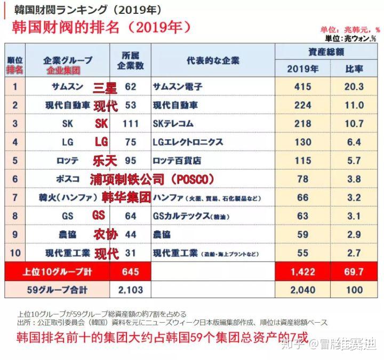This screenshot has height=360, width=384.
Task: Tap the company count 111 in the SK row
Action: point(131,124)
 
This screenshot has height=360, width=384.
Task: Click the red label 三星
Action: point(105,87)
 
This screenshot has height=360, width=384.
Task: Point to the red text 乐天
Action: point(105,161)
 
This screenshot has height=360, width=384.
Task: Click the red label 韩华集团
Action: point(126,197)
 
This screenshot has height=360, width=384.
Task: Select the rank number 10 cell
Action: point(15,252)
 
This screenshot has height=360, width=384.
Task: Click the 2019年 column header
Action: point(302,68)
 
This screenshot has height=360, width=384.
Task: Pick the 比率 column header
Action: point(354,68)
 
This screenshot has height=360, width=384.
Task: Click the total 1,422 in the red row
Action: point(302,272)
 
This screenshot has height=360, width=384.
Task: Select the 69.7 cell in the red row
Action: point(354,272)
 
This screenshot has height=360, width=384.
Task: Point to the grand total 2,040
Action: point(302,290)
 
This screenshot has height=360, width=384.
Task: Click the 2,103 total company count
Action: point(131,290)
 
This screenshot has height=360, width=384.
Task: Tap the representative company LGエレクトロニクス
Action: point(188,142)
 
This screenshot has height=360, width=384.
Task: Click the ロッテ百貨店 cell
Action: point(178,161)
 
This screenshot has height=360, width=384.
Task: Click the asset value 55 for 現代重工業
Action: point(302,252)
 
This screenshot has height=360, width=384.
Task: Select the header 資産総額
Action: point(326,52)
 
